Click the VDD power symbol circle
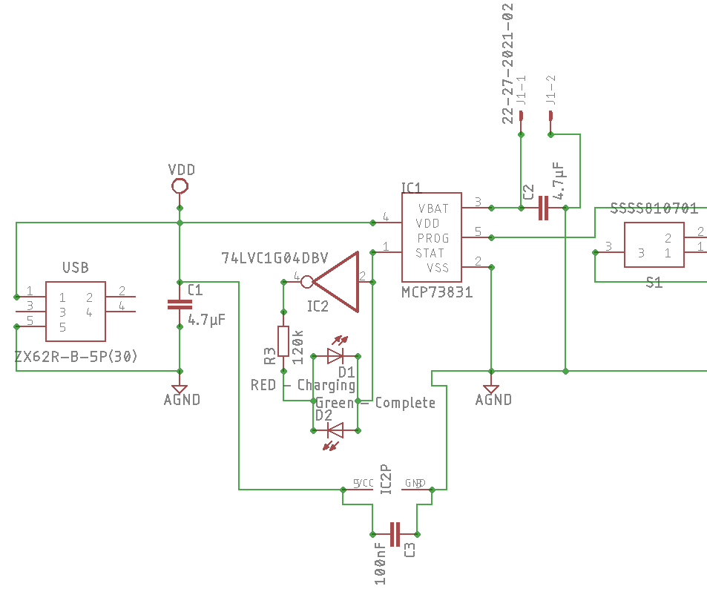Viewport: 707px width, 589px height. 179,185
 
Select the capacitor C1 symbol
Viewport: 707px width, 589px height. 179,304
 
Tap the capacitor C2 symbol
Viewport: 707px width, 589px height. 543,208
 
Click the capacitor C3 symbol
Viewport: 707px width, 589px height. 395,533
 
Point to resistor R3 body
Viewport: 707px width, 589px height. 283,340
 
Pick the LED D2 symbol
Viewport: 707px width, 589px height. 335,429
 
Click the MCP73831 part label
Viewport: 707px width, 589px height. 437,292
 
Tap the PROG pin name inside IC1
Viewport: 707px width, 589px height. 433,238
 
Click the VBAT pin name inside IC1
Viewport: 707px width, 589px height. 433,208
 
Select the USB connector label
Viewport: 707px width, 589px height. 76,267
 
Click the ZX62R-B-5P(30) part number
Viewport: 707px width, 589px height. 76,357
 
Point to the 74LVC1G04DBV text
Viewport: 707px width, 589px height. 274,258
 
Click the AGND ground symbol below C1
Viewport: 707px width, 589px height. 179,389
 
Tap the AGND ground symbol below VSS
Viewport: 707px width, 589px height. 490,389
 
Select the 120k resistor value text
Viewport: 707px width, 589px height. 297,346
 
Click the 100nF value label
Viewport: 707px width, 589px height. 380,563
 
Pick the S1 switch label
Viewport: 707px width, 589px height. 654,282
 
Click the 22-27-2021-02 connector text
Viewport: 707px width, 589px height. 507,62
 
